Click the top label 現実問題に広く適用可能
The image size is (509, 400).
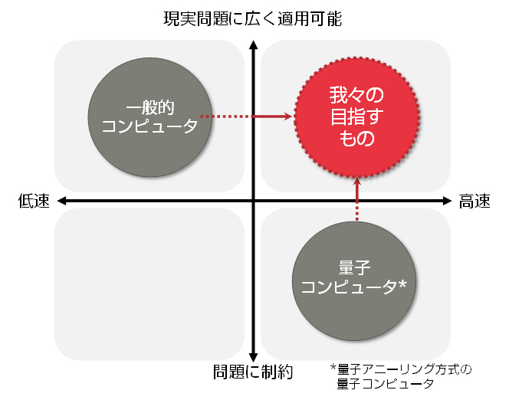click(253, 17)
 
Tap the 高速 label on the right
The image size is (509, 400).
click(474, 201)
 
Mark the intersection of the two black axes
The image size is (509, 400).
click(253, 201)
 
